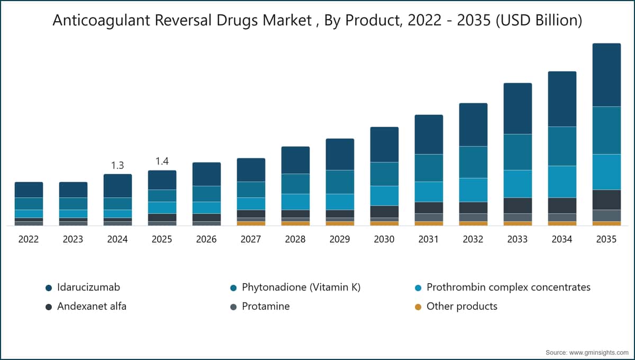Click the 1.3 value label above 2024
pos(117,165)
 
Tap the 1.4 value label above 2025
pos(162,161)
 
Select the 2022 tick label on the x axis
pos(29,239)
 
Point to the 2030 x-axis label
pos(384,239)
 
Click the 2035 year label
pos(606,239)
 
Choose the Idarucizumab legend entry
pos(83,287)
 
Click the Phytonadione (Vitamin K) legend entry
pos(295,287)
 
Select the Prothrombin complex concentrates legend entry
pos(502,287)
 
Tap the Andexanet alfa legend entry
pos(86,307)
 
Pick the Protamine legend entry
pos(260,307)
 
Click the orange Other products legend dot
pos(418,307)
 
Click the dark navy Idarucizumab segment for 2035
pos(606,75)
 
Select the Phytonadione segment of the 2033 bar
pos(518,152)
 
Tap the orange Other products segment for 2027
pos(251,223)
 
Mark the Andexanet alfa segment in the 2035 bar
pos(606,200)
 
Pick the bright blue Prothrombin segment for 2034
pos(562,182)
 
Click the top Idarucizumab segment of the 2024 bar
pos(117,186)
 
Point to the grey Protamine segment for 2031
pos(429,217)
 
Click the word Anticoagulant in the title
pos(101,21)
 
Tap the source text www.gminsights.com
pos(598,353)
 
